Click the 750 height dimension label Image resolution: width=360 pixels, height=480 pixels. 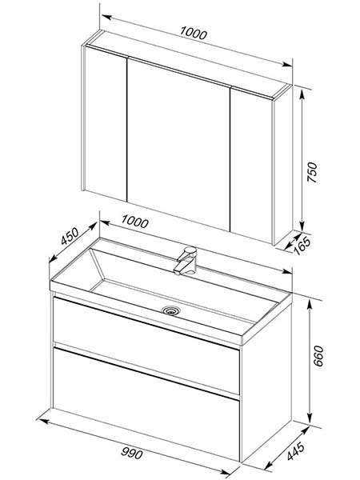(312, 172)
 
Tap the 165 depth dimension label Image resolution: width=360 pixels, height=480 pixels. (302, 246)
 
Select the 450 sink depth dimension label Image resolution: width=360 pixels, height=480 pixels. (70, 236)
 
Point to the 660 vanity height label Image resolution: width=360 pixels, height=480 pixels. (318, 356)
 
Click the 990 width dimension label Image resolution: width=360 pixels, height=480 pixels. (132, 453)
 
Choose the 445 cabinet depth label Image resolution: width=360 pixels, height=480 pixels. (296, 451)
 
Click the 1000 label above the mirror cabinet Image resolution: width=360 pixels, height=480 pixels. (194, 33)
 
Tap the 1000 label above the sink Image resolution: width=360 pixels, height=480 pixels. (134, 222)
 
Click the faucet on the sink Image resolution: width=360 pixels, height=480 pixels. (186, 261)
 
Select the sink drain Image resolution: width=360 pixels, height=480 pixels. (171, 310)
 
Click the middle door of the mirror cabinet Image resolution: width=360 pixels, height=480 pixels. (178, 143)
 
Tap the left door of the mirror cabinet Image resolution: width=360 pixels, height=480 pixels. (106, 123)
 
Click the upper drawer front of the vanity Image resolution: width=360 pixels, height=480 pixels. (146, 346)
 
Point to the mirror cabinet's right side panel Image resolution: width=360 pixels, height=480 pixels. (283, 164)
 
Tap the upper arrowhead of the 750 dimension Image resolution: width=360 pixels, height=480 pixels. (302, 94)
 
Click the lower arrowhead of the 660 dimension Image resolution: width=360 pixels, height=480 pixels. (310, 418)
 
